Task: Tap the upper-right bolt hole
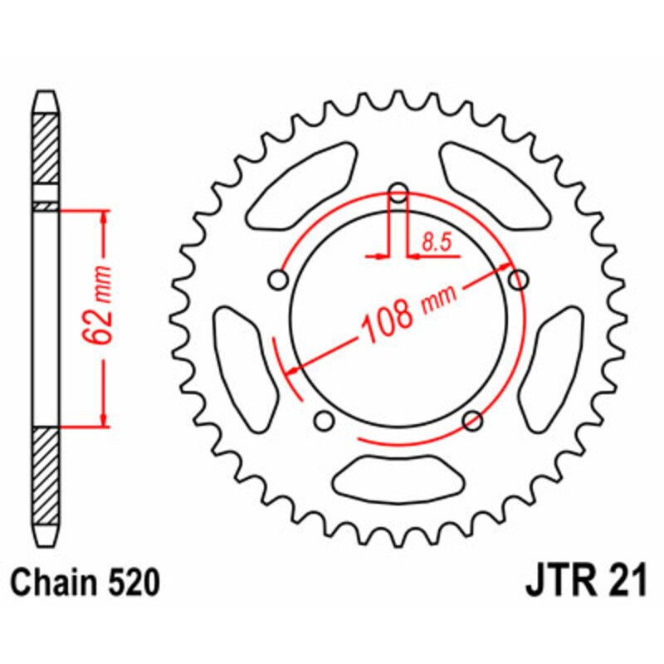[x=519, y=281]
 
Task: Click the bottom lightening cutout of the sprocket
[x=399, y=481]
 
